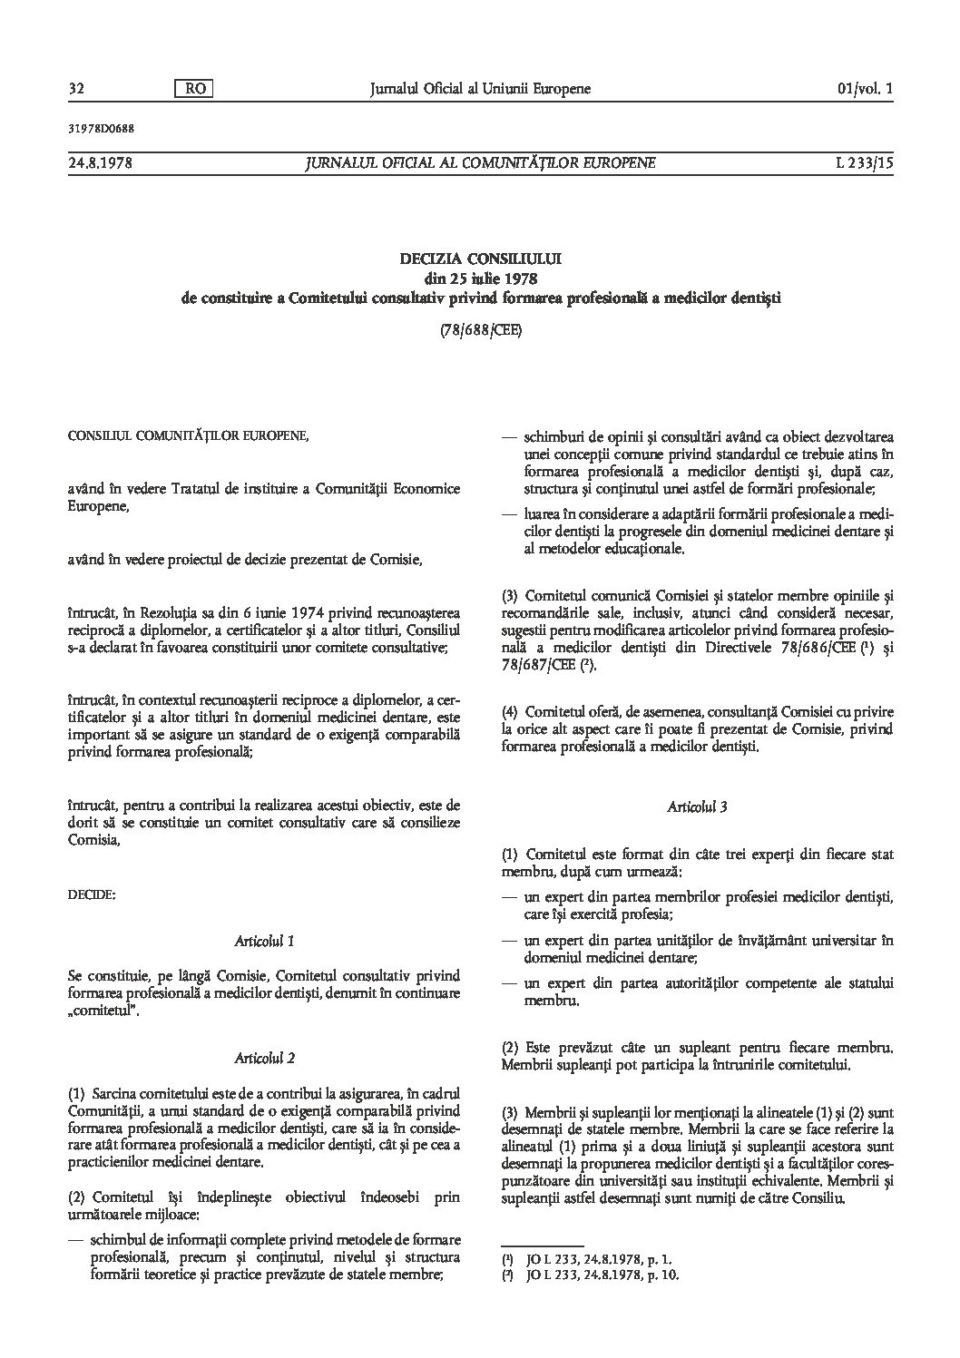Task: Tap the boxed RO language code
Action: point(192,89)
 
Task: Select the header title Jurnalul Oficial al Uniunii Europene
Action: point(480,89)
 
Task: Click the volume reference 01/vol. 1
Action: point(867,89)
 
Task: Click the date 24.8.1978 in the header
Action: point(101,163)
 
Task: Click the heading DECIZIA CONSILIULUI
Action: point(480,259)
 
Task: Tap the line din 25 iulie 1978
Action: point(480,278)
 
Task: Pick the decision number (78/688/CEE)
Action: point(480,331)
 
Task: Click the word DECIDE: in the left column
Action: point(92,894)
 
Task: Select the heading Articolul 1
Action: point(264,941)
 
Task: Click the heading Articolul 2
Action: point(264,1058)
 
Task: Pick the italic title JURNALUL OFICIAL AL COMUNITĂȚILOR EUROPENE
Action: point(480,163)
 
